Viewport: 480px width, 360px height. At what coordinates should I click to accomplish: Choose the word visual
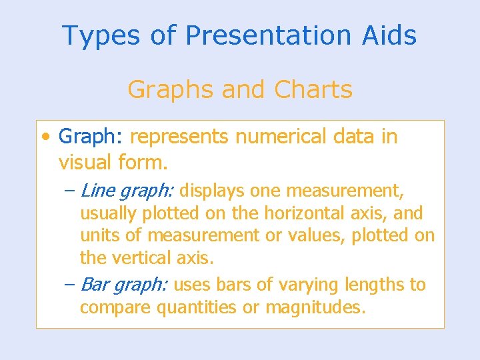click(84, 162)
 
